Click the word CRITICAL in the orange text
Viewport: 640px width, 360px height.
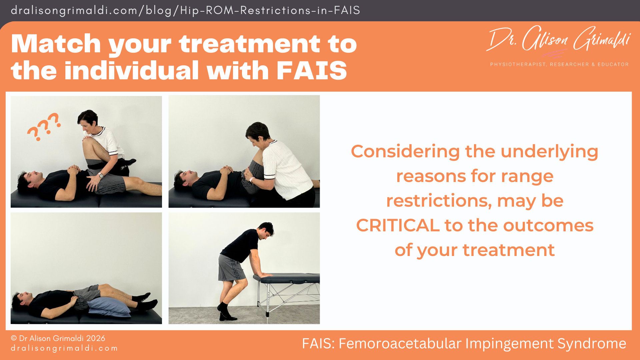[x=398, y=225]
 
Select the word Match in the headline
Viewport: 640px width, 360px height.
[x=56, y=44]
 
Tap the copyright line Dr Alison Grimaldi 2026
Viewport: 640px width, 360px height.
[x=58, y=338]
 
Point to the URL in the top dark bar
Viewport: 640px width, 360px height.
[x=185, y=10]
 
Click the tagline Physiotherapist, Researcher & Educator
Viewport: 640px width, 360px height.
[x=559, y=64]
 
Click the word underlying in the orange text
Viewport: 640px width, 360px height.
[x=549, y=151]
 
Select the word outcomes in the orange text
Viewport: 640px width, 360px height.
[x=548, y=225]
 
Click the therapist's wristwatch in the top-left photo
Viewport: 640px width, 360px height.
[x=101, y=175]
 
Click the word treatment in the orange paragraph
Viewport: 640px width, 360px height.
[x=508, y=250]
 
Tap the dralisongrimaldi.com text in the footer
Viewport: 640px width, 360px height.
[x=64, y=348]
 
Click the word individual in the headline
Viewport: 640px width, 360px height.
[x=132, y=71]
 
